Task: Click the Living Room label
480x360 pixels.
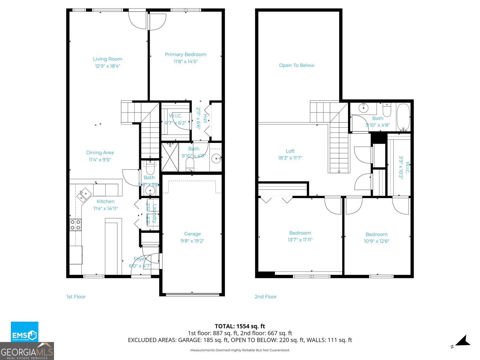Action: tap(107, 59)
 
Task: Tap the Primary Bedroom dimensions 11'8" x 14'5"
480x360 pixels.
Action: tap(185, 61)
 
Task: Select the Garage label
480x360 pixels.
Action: tap(192, 234)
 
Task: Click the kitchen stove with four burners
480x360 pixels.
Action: tap(75, 225)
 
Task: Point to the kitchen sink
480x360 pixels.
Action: tap(84, 195)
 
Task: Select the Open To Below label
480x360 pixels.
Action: tap(296, 65)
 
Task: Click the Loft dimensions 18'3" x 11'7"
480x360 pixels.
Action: tap(290, 158)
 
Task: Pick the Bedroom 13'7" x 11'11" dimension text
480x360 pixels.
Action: tap(300, 240)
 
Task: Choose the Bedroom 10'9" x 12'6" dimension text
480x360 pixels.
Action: tap(376, 241)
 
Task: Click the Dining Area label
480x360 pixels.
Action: tap(100, 153)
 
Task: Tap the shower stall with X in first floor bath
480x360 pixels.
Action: tap(170, 157)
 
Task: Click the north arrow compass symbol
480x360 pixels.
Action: tap(463, 341)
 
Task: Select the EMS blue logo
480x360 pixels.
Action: tap(25, 331)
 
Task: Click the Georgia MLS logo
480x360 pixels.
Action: tap(27, 351)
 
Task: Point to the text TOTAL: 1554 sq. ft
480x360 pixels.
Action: tap(240, 326)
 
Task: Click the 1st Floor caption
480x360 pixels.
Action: tap(76, 297)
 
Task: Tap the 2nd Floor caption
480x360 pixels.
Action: tap(265, 297)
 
